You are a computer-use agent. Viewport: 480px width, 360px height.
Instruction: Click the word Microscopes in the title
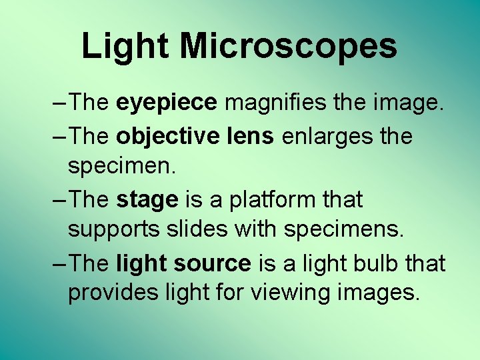288,47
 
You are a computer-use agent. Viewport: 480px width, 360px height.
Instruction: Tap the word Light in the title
125,47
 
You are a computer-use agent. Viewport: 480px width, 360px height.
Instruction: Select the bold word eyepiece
166,103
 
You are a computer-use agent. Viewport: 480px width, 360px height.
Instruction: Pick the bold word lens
251,136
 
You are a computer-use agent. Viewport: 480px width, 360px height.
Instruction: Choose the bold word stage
147,199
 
